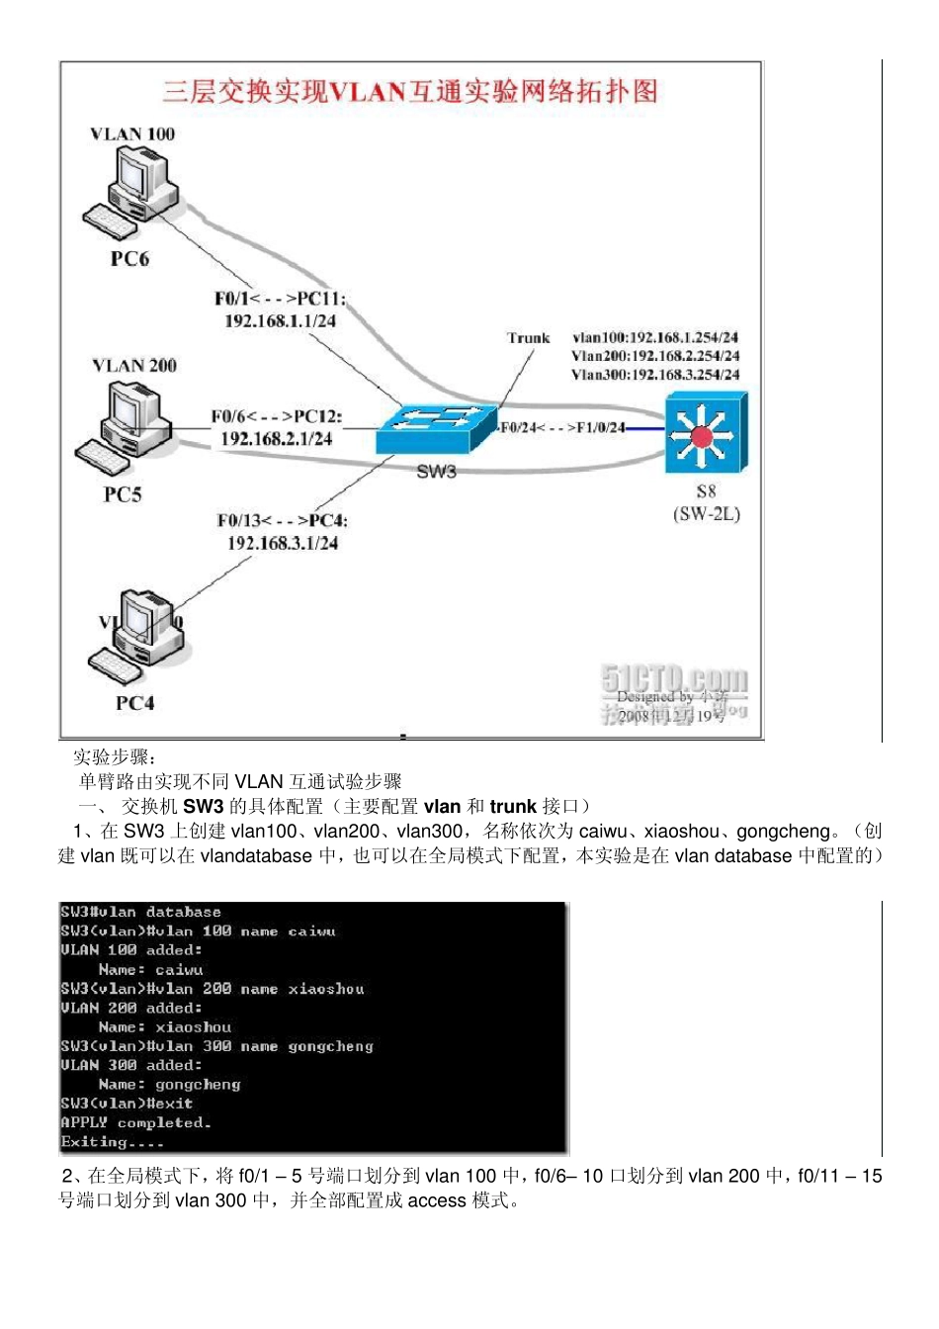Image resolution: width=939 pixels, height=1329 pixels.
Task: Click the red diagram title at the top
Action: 410,92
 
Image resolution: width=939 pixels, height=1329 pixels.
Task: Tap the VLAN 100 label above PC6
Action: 132,134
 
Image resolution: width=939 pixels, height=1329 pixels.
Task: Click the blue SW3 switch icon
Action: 435,428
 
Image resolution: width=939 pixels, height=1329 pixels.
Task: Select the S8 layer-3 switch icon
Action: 706,433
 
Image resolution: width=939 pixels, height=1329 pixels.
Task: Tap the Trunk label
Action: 528,338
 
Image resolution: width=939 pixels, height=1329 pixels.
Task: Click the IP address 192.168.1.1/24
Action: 280,321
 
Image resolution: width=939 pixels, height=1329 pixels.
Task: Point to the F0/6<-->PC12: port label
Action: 276,416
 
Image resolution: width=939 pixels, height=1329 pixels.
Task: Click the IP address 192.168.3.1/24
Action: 283,543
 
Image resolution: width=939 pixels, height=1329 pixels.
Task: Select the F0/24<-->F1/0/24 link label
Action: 562,428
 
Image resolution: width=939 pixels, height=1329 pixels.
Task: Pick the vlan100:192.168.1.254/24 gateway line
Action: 655,337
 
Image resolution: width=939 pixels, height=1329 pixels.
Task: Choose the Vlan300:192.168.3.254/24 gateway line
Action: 655,375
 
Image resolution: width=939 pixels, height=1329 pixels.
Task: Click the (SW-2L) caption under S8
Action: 706,514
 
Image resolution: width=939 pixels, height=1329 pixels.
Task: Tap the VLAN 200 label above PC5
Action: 134,366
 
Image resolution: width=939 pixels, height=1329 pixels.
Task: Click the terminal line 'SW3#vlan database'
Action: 140,912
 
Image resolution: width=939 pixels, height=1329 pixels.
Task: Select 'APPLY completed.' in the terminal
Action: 135,1122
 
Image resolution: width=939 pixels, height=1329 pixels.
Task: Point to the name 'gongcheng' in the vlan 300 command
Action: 330,1046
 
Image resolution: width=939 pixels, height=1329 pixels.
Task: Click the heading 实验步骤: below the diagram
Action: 115,757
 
